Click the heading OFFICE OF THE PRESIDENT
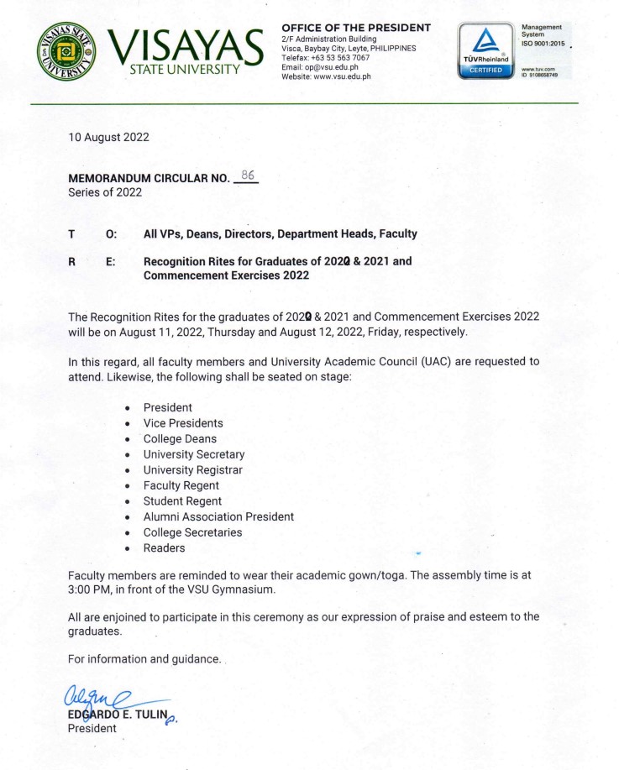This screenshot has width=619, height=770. [356, 28]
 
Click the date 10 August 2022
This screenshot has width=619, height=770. [108, 137]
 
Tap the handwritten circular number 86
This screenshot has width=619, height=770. [247, 175]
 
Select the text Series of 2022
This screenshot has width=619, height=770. [105, 191]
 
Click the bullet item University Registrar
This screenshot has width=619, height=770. [192, 469]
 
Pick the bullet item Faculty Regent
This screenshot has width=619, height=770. [181, 485]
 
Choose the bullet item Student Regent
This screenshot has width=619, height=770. [182, 501]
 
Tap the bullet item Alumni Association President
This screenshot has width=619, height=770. [218, 516]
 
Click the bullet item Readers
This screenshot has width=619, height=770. [164, 548]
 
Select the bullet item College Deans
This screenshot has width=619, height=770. [180, 438]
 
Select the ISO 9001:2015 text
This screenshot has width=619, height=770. [543, 44]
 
